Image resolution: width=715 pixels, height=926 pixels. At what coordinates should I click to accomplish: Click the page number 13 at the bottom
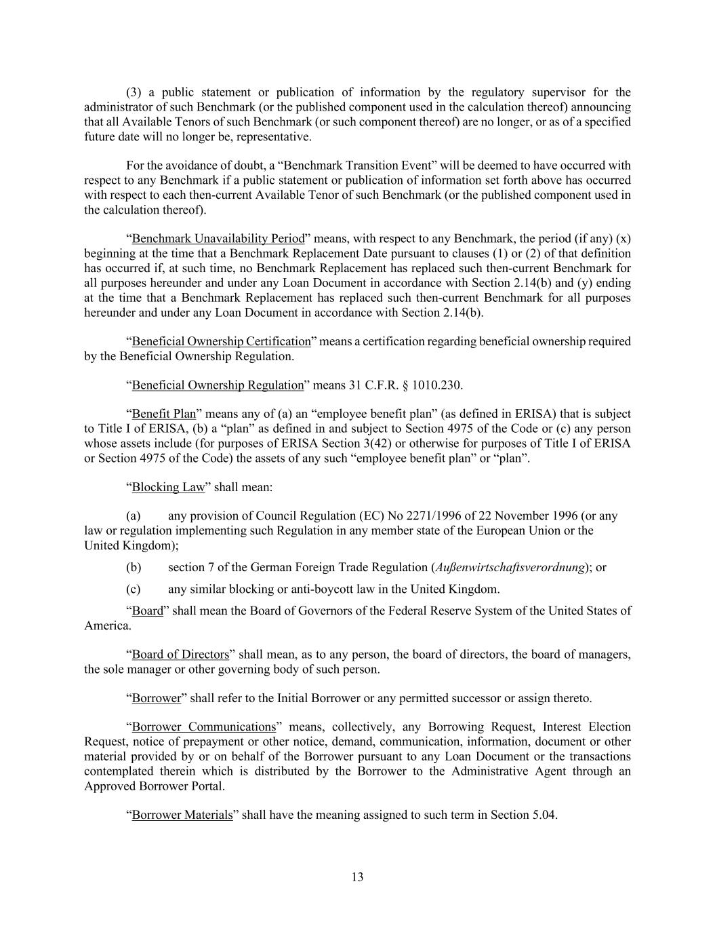[x=357, y=877]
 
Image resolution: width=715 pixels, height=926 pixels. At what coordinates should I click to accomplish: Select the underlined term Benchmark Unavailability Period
[x=218, y=239]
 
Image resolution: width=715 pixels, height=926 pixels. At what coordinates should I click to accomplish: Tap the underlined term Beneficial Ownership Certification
[x=221, y=341]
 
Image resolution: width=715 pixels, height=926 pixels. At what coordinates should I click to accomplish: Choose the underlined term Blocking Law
[x=168, y=487]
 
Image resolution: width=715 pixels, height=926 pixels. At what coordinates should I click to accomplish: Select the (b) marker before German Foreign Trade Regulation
[x=134, y=567]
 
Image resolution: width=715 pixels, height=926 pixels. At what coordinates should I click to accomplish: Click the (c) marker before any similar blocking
[x=134, y=589]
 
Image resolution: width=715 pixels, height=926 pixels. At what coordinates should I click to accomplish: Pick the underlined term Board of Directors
[x=180, y=655]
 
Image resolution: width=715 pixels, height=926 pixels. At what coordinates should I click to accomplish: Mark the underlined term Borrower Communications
[x=203, y=727]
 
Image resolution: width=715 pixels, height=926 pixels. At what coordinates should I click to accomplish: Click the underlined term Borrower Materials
[x=182, y=815]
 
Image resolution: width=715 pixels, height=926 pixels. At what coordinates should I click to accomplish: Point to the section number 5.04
[x=543, y=815]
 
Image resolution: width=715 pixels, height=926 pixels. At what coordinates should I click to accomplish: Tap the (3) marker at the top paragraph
[x=134, y=92]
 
